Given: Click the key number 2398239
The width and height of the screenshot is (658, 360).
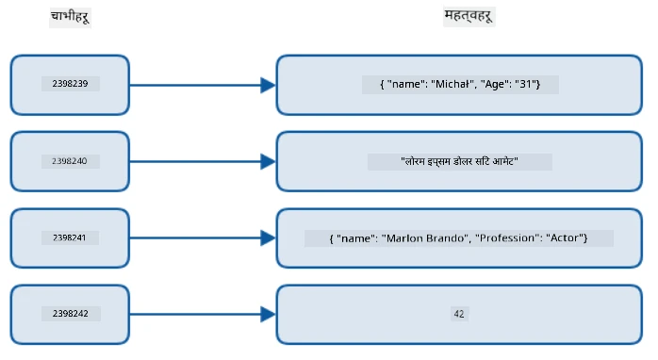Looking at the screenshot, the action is pyautogui.click(x=70, y=84).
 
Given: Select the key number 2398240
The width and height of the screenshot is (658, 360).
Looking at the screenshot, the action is pyautogui.click(x=70, y=161).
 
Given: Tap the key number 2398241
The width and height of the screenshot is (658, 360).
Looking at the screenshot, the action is pyautogui.click(x=70, y=237).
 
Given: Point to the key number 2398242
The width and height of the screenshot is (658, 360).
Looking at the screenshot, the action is pyautogui.click(x=71, y=314).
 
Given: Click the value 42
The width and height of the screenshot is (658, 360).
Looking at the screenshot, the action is pyautogui.click(x=459, y=314).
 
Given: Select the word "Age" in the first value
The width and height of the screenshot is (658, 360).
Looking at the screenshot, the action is pyautogui.click(x=494, y=85).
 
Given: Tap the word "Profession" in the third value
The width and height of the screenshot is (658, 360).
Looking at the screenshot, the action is pyautogui.click(x=507, y=238).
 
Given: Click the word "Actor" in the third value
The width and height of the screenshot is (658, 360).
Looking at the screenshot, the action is pyautogui.click(x=565, y=238).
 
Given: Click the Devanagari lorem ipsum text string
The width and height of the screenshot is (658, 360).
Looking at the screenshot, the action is pyautogui.click(x=459, y=161).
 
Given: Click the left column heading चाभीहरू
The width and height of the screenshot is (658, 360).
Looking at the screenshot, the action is pyautogui.click(x=70, y=17).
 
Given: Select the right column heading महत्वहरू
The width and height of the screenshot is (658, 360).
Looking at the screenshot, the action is pyautogui.click(x=469, y=16).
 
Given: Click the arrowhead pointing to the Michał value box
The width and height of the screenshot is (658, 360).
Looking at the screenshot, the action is pyautogui.click(x=268, y=85).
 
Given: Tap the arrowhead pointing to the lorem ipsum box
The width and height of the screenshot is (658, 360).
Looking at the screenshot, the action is pyautogui.click(x=268, y=161).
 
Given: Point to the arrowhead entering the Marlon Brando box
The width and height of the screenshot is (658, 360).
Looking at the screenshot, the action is pyautogui.click(x=268, y=237).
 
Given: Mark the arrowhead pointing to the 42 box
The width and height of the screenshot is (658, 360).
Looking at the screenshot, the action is pyautogui.click(x=268, y=314).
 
